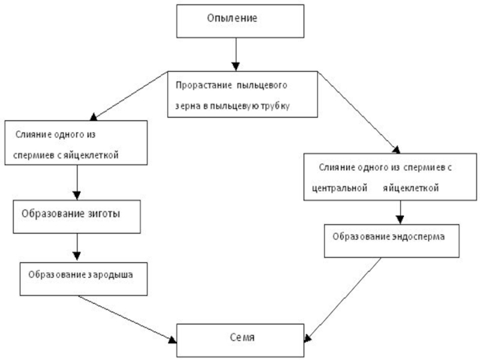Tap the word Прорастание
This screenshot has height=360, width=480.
coord(196,85)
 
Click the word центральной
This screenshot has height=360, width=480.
coord(340,188)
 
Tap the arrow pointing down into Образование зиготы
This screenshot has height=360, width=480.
coord(77,183)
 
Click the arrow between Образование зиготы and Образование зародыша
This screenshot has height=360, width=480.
coord(77,246)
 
